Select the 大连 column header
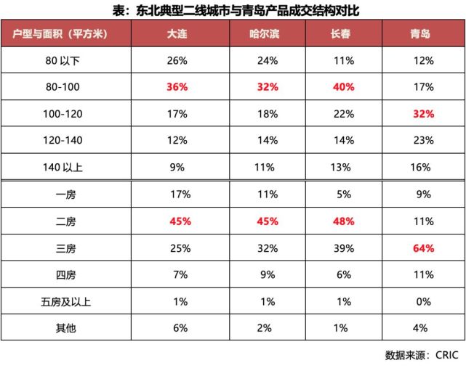click(177, 34)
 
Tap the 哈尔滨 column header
click(267, 34)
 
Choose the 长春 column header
click(343, 34)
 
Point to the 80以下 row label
click(63, 60)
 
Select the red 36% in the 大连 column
click(177, 87)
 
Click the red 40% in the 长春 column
click(343, 87)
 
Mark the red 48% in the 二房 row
click(343, 221)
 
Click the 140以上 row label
click(63, 168)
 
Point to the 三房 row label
click(63, 248)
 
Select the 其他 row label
click(63, 329)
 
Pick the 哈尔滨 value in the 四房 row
click(267, 275)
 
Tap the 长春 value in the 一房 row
click(343, 195)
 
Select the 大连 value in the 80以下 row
click(177, 60)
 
